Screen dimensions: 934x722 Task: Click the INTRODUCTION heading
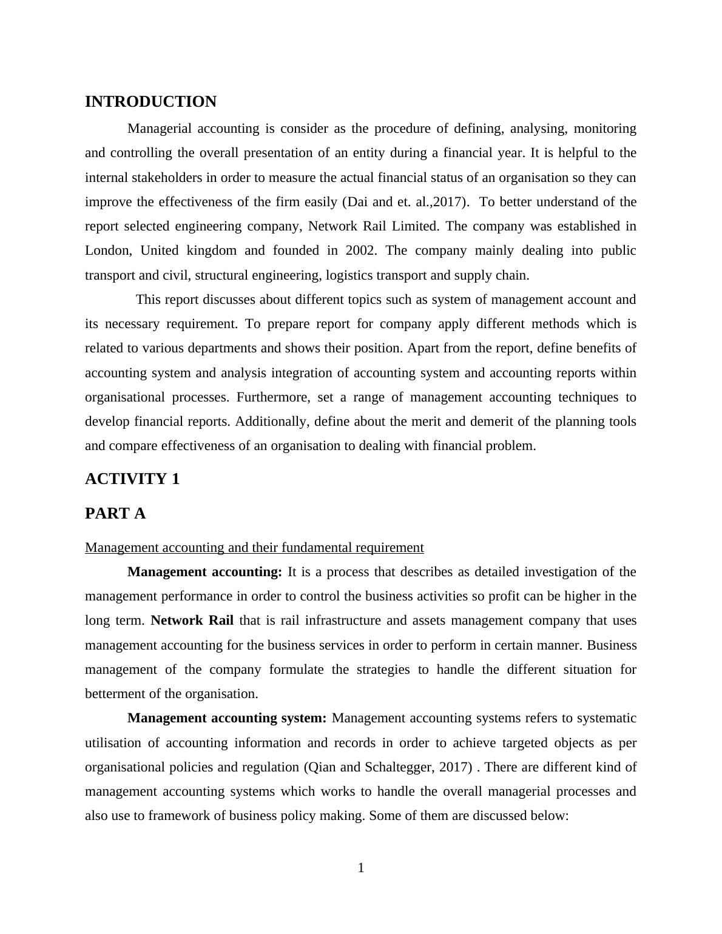pyautogui.click(x=150, y=102)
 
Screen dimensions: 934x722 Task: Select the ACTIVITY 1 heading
pyautogui.click(x=132, y=479)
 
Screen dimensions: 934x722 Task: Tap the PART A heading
pyautogui.click(x=115, y=514)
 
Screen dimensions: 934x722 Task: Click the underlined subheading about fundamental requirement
pyautogui.click(x=254, y=548)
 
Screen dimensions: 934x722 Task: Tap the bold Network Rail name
pyautogui.click(x=192, y=620)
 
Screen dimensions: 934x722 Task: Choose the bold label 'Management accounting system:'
pyautogui.click(x=227, y=718)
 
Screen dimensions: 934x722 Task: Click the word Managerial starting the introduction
pyautogui.click(x=160, y=129)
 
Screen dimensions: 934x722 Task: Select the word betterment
pyautogui.click(x=115, y=694)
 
